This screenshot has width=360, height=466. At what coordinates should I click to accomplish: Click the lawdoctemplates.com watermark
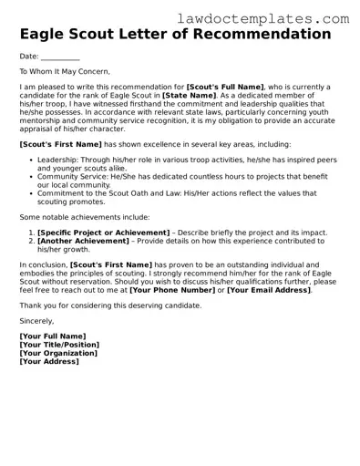(x=275, y=18)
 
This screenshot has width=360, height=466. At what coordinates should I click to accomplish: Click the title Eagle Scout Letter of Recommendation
(x=175, y=35)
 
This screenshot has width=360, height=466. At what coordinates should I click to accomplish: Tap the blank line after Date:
(x=60, y=57)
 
